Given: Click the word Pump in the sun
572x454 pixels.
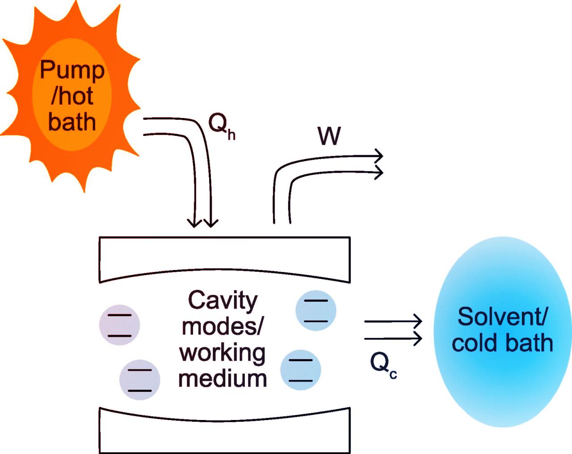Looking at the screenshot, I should click(x=72, y=71).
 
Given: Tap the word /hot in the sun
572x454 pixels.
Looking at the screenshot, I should click(x=72, y=96).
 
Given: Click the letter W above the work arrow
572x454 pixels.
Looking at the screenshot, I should click(x=329, y=136).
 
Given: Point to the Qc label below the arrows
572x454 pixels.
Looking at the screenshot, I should click(x=383, y=364).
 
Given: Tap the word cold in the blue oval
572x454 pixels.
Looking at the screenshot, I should click(x=475, y=343).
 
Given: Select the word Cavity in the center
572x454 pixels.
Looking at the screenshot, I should click(x=223, y=301).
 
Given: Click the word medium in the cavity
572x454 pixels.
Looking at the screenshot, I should click(x=223, y=378).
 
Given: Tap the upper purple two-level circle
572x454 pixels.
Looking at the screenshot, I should click(x=119, y=325).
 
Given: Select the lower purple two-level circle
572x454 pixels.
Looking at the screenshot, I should click(x=139, y=379).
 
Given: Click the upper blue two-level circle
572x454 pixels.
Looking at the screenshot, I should click(x=316, y=311).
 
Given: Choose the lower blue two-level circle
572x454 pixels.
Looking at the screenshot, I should click(x=300, y=370).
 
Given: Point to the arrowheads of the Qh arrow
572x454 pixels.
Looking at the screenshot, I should click(x=202, y=222).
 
